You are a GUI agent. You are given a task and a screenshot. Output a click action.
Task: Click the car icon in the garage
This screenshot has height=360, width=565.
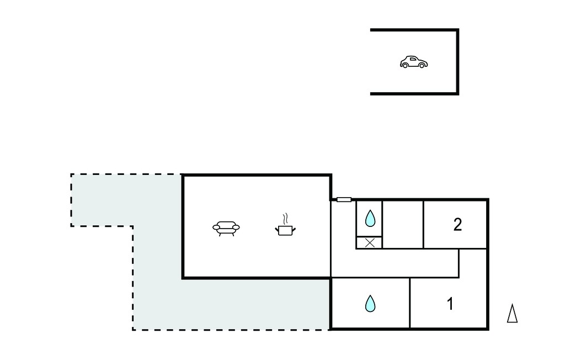[414, 62]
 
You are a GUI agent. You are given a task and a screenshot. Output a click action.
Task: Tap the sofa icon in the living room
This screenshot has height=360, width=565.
[226, 229]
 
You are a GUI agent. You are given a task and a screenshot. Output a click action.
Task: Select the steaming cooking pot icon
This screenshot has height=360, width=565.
[285, 225]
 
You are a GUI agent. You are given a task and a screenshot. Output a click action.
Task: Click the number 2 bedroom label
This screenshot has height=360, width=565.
[457, 225]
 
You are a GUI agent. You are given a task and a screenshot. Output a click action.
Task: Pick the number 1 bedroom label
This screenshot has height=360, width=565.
[450, 304]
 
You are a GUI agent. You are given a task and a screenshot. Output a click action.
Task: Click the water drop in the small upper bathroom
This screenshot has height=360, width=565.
[370, 218]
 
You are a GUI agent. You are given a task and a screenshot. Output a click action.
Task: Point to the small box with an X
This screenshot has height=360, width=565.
[369, 243]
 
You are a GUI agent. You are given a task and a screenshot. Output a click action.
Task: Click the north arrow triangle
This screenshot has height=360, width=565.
[512, 313]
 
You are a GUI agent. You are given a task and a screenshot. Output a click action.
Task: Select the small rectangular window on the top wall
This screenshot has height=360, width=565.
[344, 199]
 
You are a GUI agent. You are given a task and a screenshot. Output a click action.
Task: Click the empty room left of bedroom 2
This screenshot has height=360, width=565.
[402, 224]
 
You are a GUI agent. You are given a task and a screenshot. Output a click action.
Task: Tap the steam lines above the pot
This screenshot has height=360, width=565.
[285, 218]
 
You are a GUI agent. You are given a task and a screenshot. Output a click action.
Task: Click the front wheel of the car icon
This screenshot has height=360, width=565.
[422, 66]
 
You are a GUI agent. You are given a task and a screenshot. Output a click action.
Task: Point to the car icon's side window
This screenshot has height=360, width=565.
[413, 59]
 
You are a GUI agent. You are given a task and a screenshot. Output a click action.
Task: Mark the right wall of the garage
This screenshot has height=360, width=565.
[457, 62]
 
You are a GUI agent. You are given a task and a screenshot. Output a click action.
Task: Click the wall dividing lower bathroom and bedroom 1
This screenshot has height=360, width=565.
[410, 303]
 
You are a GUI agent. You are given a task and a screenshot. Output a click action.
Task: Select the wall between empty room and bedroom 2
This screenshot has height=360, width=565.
[423, 224]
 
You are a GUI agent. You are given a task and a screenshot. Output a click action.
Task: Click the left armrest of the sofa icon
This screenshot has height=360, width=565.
[216, 227]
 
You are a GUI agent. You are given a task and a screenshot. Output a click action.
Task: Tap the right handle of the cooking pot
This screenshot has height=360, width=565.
[294, 229]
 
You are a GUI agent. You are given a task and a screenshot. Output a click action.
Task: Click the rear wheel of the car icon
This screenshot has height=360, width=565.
[405, 66]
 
